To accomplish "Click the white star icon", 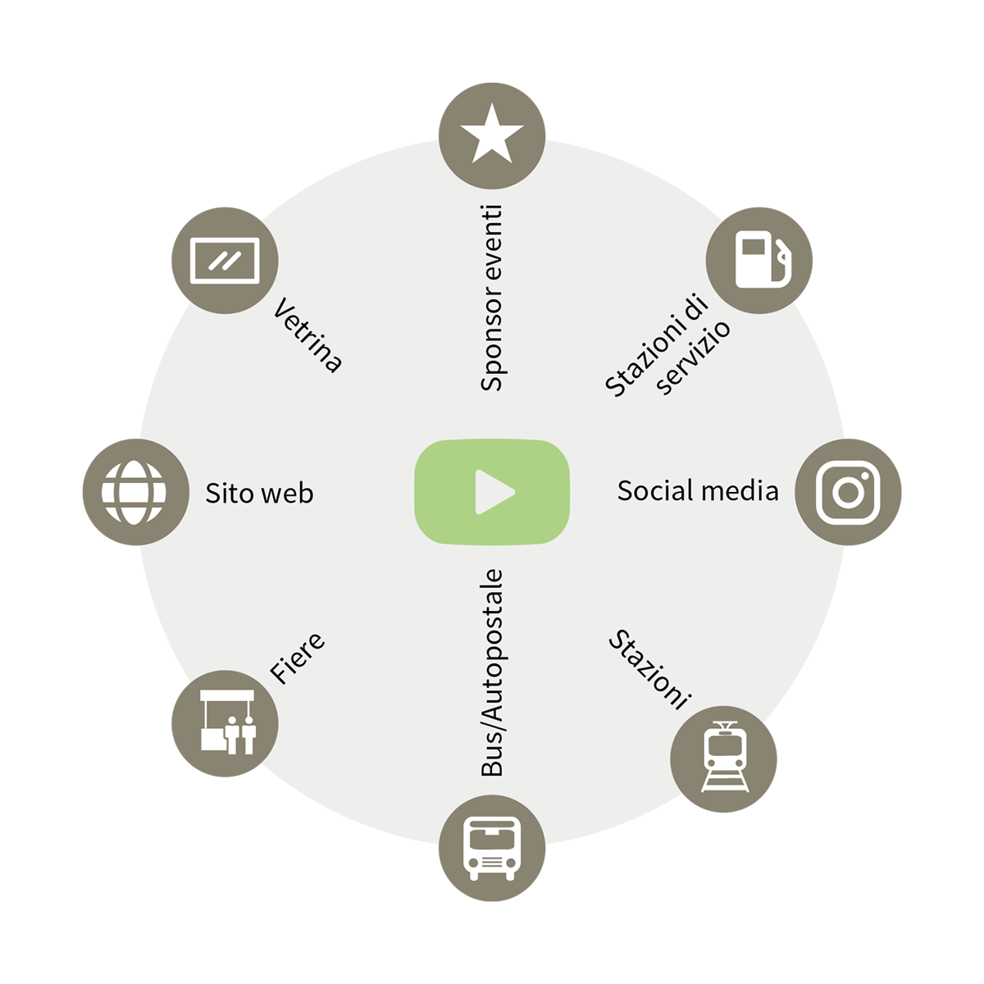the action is coord(492,134).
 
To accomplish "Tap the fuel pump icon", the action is coord(761,259).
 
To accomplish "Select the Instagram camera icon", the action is coord(848,492).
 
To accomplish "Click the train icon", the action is coord(725,757).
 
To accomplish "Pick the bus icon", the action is coord(492,849).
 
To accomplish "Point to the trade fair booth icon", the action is coord(228,722).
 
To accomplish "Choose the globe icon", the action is coord(134,492).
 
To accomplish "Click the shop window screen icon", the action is coord(225,261).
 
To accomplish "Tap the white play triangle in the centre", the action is coord(494,492).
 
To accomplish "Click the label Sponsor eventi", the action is coord(492,298).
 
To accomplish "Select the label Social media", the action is coord(698,490).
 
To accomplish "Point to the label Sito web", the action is coord(259,494).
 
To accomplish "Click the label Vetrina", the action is coord(307,335).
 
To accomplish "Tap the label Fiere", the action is coord(297,658).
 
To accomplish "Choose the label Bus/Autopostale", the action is coord(492,672).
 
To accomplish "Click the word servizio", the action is coord(692,358).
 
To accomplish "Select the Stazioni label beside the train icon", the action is coord(650,669).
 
